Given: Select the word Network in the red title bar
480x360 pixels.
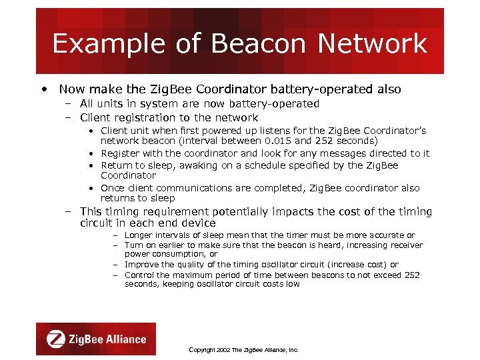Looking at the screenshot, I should coord(372,44).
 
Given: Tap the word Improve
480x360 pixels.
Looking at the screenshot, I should coord(141,265).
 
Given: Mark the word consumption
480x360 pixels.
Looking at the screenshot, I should coord(178,254).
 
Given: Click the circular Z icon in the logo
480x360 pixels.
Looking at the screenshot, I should coord(55,339).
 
